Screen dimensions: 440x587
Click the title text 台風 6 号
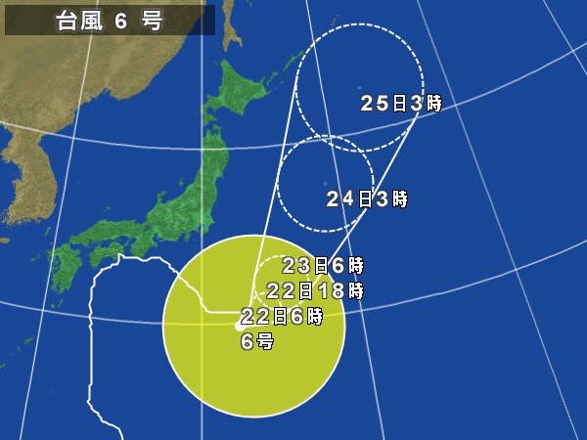coord(109,21)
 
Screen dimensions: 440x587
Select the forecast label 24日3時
coord(367,198)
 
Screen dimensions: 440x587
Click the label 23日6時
coord(323,265)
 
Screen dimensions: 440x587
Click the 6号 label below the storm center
coord(257,341)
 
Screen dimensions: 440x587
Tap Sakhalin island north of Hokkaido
coord(231,24)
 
